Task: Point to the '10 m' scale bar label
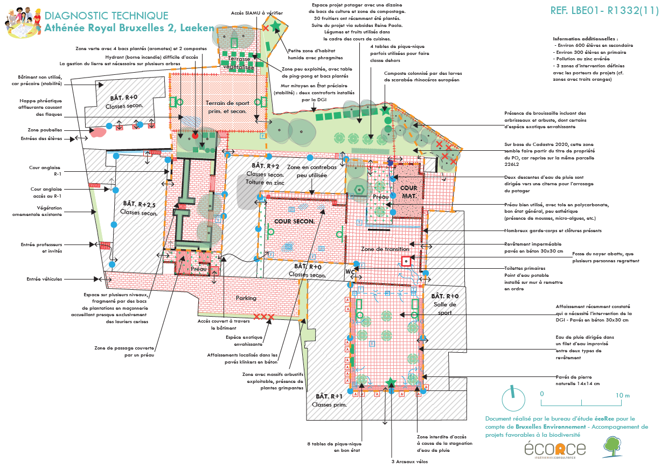coord(623,395)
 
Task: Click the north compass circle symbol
coord(510,400)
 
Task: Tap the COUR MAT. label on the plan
coord(409,192)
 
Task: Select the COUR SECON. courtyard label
coord(295,221)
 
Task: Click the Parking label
coord(246,298)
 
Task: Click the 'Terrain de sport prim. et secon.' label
coord(227,107)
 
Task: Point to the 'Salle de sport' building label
coord(444,304)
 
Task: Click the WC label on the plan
coord(350,271)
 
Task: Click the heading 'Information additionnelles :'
coord(585,39)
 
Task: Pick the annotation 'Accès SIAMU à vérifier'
coord(257,13)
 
